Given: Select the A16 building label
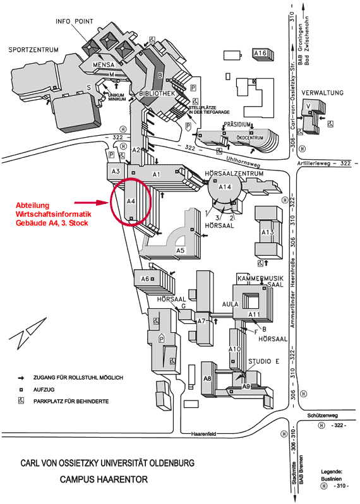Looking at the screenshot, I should pos(260,54).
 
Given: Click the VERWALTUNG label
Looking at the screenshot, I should pos(322,92).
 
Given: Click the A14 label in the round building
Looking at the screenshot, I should pos(225,187).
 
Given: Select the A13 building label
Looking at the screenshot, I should pos(267,232).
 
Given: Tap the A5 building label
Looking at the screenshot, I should pos(180,251).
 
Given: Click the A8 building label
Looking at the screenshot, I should pos(207,378).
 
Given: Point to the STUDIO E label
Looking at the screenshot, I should pos(263,361).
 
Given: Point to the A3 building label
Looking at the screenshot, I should pos(116,171).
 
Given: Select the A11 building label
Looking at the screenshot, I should pos(254,314).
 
